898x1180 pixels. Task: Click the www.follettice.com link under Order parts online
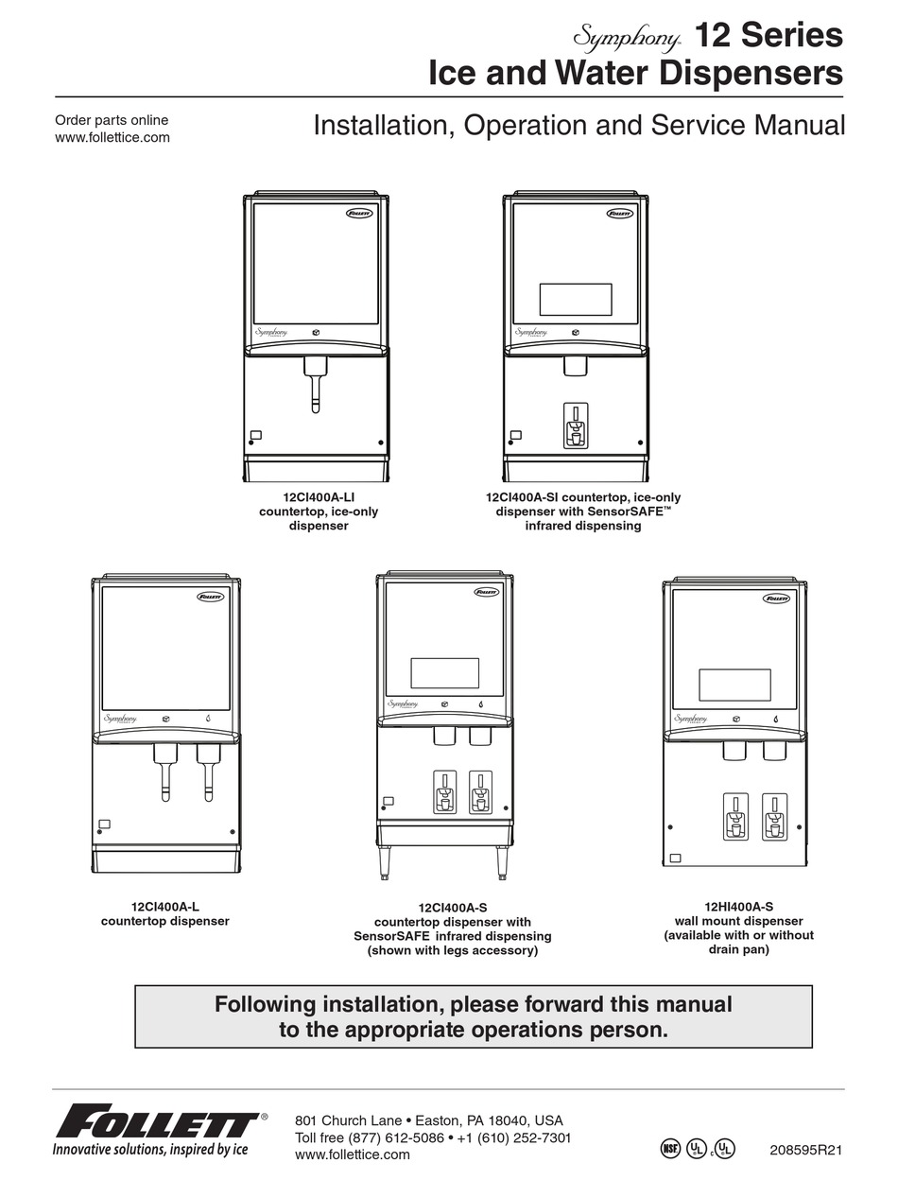tap(112, 137)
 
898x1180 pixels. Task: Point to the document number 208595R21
tap(806, 1151)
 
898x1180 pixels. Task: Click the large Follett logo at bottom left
tap(156, 1125)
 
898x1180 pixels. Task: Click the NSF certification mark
tap(669, 1149)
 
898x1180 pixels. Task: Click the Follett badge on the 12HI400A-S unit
tap(777, 599)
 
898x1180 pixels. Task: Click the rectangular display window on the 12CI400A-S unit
tap(444, 672)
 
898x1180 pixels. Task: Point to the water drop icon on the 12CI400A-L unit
tap(208, 719)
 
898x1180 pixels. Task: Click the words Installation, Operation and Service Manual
tap(579, 125)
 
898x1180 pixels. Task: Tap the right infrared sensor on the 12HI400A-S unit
tap(774, 816)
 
